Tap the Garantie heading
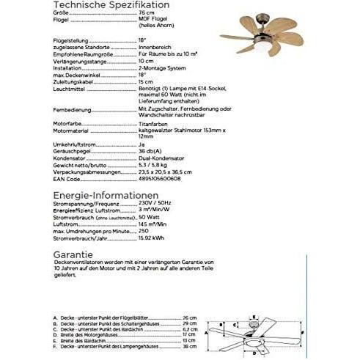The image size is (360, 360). point(73,253)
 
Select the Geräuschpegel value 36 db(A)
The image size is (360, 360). point(151,152)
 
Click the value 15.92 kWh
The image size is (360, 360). point(150,238)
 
